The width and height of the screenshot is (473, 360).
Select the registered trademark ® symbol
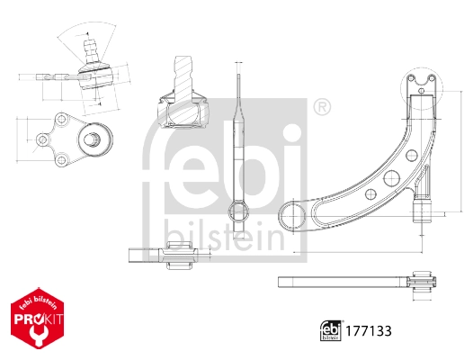click(321, 108)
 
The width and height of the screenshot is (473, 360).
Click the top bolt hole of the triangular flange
click(64, 119)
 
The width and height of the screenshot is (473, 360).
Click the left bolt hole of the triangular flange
click(42, 139)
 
